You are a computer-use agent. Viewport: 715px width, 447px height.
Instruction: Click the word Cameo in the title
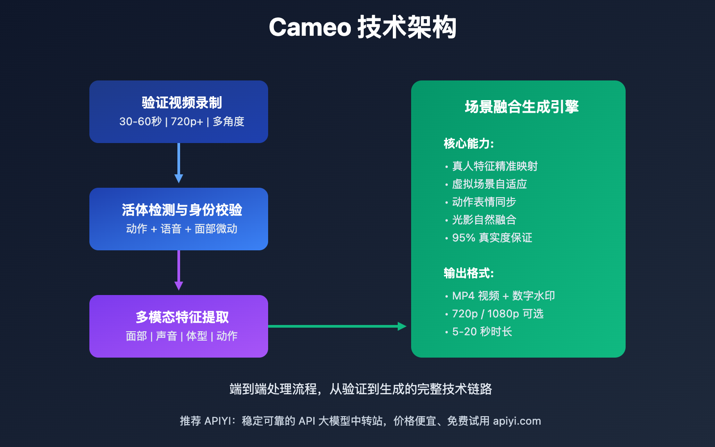(310, 28)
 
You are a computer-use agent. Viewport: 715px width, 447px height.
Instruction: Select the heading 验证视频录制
(182, 103)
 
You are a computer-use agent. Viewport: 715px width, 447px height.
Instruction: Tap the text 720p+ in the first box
(187, 122)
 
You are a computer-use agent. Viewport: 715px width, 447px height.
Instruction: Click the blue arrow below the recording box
(179, 163)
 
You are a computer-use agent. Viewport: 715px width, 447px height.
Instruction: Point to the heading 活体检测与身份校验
(182, 210)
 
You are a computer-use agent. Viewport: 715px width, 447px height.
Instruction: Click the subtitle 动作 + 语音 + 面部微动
(182, 229)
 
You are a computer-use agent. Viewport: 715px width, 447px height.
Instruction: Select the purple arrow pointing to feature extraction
(179, 270)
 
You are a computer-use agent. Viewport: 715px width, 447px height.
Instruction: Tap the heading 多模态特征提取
(182, 317)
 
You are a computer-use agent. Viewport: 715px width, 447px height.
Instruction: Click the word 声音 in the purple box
(166, 336)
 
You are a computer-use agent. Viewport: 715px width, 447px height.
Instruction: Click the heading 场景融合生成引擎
(522, 107)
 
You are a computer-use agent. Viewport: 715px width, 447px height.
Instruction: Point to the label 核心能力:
(469, 143)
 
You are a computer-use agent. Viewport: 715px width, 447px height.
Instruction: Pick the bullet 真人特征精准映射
(495, 166)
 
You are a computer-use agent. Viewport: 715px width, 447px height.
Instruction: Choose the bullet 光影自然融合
(484, 220)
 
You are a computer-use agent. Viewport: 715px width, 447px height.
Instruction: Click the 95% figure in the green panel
(463, 238)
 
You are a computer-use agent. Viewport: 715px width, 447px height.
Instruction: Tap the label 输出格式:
(469, 273)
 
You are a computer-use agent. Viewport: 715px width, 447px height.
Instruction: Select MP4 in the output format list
(463, 296)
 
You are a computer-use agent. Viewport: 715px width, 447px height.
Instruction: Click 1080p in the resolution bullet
(503, 314)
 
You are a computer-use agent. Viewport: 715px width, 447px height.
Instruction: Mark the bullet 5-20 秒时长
(482, 332)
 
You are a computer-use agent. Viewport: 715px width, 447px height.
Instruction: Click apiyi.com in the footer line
(517, 421)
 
